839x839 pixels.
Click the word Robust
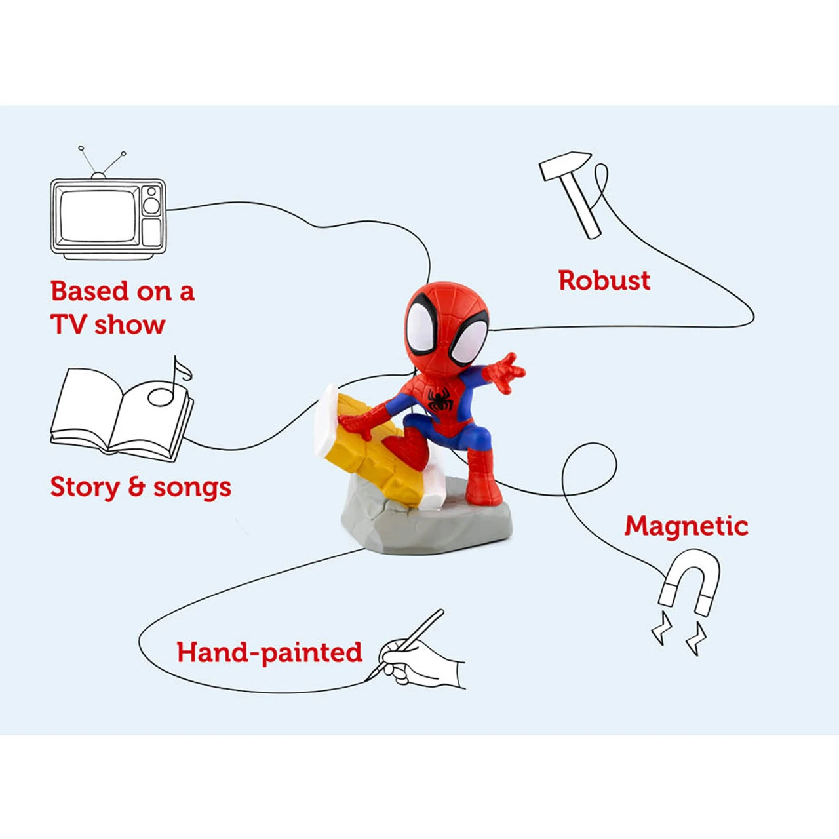[604, 281]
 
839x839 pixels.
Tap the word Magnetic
[686, 526]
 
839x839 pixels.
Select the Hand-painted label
[269, 653]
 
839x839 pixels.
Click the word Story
[85, 488]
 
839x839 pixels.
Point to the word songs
[191, 488]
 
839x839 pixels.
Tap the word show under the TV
[130, 324]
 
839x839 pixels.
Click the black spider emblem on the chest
[439, 399]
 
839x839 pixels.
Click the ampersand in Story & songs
[136, 487]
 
